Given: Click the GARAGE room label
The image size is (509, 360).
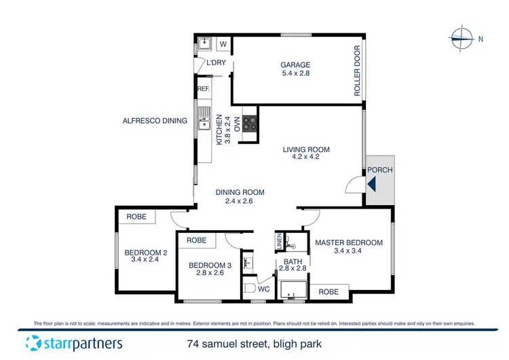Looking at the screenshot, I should pos(295,66).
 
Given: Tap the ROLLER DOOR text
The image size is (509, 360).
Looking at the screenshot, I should pos(358,72).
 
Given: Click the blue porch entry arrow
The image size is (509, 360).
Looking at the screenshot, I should pos(371,183).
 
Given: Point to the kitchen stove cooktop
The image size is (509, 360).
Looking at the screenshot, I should pos(250,124).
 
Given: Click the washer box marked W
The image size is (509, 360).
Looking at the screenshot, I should pos(223,46).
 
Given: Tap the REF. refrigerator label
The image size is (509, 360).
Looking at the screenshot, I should pos(202,89).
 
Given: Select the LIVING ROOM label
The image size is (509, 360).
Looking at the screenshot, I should pos(306,149).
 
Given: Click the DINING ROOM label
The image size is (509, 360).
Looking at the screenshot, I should pos(240,192).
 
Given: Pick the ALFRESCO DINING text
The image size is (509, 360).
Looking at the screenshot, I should pos(154,121).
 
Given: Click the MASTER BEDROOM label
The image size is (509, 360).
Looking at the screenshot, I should pos(349,242).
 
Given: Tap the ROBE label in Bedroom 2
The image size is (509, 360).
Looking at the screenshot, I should pos(136,217).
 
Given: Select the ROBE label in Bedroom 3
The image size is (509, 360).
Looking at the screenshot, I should pos(197,240).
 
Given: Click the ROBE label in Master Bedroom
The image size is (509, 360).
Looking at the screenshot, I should pos(328,291).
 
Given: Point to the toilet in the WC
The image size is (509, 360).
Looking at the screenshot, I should pos(249,289).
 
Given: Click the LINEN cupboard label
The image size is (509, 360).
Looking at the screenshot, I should pos(279,240).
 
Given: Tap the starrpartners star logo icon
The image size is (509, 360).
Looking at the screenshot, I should pos(33,342).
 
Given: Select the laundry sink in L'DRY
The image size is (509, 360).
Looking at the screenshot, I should pos(204,46).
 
